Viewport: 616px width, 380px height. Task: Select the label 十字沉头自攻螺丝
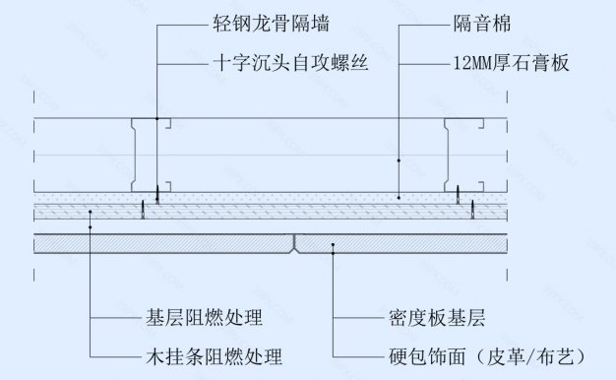point(277,62)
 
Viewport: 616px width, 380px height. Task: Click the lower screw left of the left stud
point(142,212)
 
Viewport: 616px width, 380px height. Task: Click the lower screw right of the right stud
point(472,212)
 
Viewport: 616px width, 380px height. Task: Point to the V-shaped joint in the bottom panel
point(294,242)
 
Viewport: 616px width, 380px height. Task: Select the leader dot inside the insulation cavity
point(399,158)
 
